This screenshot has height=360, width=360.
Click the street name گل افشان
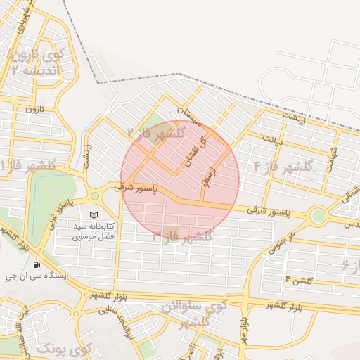coord(193,150)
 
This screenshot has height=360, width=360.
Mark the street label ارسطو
coord(209,166)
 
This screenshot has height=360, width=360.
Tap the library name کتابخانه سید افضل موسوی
coord(94,232)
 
